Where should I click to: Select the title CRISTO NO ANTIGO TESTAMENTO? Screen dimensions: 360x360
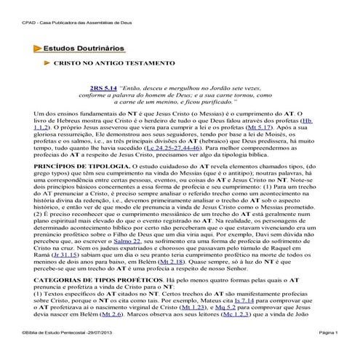pos(113,64)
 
